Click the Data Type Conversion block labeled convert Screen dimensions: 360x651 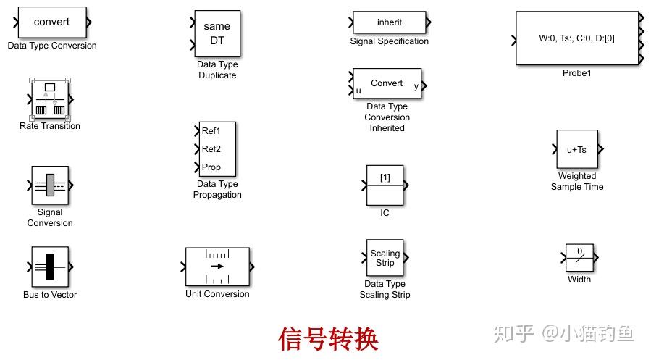pos(52,22)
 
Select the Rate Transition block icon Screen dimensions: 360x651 pos(50,99)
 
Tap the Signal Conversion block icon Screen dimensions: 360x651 pos(50,185)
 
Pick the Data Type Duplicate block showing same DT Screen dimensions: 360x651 pos(217,34)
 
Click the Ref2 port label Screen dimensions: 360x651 pos(211,149)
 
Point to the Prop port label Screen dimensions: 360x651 pos(211,167)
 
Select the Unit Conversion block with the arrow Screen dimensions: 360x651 pos(217,267)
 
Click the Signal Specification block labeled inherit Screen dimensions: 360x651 pos(389,22)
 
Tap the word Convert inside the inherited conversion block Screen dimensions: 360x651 pos(387,83)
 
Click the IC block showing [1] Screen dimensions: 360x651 pos(385,185)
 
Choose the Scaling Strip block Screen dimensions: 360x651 pos(385,258)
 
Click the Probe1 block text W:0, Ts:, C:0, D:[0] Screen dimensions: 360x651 pos(577,38)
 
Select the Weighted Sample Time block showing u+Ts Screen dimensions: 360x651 pos(577,149)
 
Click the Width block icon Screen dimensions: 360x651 pos(579,258)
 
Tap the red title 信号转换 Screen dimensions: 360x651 pos(329,338)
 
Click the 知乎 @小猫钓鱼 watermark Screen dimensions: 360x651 pos(563,333)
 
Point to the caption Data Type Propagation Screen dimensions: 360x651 pos(217,189)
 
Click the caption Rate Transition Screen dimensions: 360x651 pos(50,126)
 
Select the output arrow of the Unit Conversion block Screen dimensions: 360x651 pos(251,267)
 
